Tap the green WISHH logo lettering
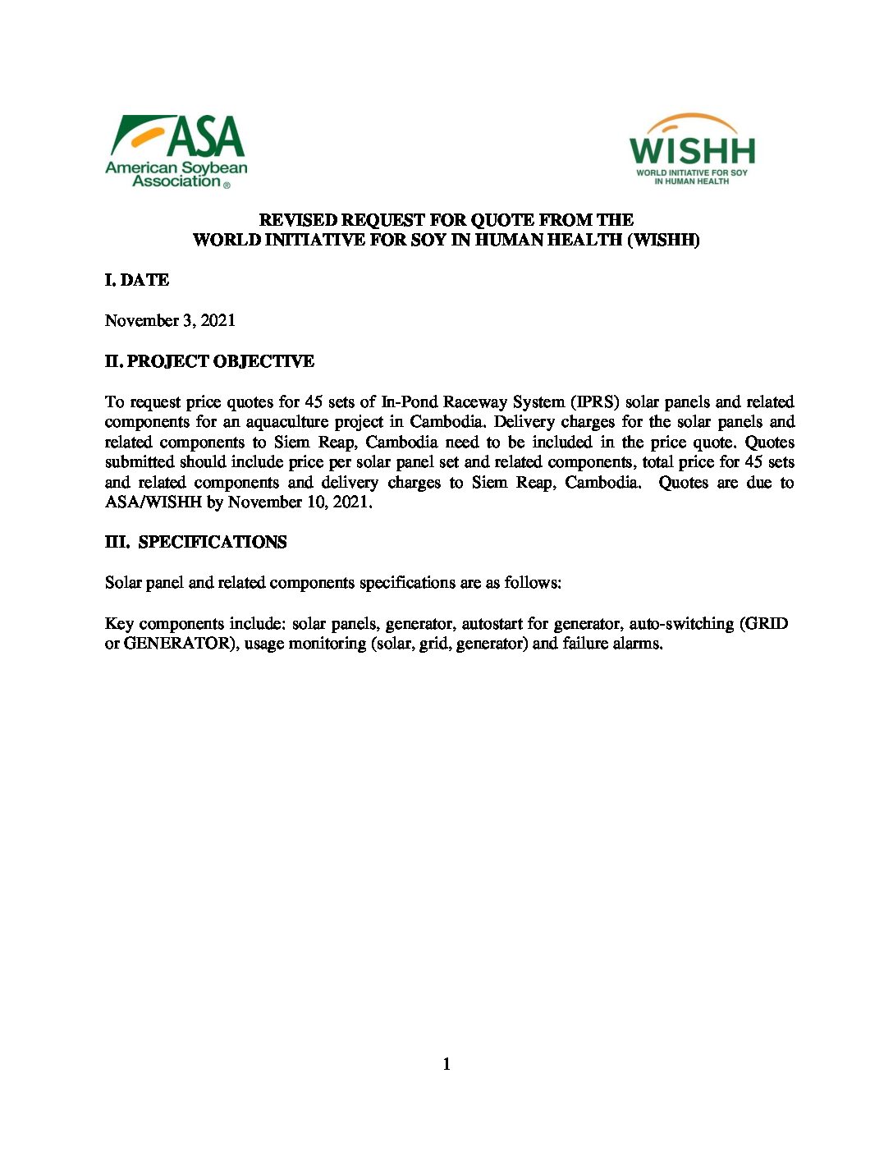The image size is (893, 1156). (692, 151)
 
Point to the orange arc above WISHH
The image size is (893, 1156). (691, 121)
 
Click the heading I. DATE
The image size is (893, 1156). (137, 280)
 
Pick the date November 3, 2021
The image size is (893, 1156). (170, 320)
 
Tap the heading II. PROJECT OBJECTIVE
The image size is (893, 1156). (209, 361)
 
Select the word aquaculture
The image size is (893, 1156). (283, 422)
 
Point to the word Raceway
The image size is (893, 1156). (475, 401)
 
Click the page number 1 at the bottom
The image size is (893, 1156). (446, 1064)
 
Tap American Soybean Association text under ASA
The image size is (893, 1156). (176, 174)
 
